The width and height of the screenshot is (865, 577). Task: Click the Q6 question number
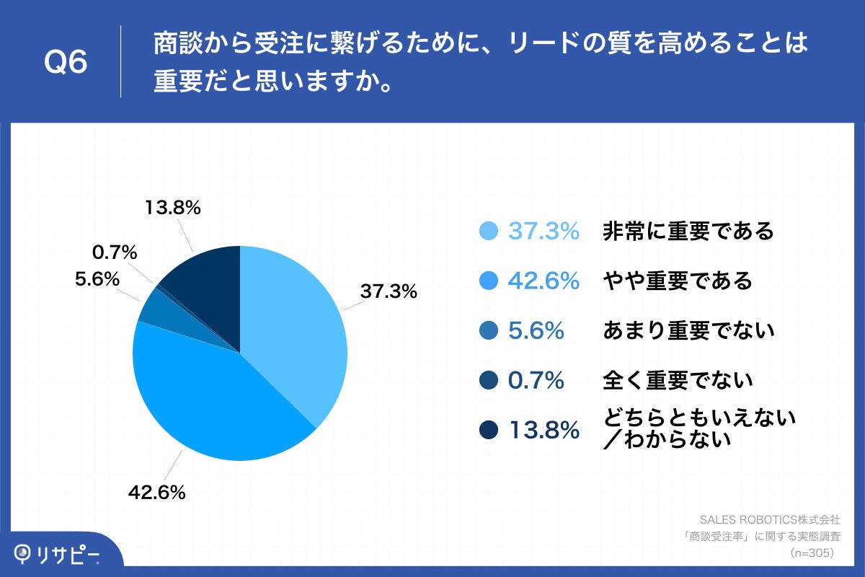click(x=66, y=63)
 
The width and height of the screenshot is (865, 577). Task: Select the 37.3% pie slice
click(x=296, y=332)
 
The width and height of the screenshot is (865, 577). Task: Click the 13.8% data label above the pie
click(x=172, y=208)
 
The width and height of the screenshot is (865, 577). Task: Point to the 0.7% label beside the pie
click(x=115, y=252)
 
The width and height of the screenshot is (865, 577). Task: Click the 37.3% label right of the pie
click(x=389, y=291)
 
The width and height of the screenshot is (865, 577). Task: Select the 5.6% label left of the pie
click(x=97, y=278)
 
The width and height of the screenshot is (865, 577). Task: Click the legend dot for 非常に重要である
click(x=489, y=231)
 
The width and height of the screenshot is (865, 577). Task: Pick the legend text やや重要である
click(x=677, y=281)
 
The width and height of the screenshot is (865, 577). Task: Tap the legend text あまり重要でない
click(x=688, y=330)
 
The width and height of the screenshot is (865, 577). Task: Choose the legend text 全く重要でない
click(x=677, y=379)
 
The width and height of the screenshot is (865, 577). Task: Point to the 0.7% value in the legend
click(x=536, y=380)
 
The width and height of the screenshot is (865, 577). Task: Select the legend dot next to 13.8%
click(x=489, y=430)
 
